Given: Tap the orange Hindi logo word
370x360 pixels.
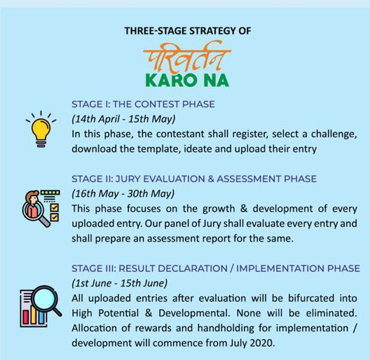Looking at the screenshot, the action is tap(187, 57).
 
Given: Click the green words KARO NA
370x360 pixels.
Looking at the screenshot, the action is tap(187, 81).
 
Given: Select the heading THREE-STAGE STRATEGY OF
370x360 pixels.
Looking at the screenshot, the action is tap(188, 31).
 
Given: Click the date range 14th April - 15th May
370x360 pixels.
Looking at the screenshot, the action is tap(123, 119).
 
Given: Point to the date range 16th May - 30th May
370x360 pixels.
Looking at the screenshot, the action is tap(123, 194).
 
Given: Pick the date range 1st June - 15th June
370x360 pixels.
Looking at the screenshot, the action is tap(119, 283).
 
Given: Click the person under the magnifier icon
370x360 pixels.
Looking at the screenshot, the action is tap(33, 205).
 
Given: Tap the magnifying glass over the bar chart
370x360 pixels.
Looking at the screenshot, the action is tap(46, 300).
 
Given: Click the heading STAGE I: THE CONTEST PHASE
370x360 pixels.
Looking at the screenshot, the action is tap(143, 104).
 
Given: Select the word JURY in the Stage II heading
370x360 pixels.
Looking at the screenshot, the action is tap(128, 179).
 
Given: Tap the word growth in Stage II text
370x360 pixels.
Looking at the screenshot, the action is tap(219, 209).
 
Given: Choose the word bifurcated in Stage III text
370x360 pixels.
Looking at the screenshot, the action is tap(311, 298).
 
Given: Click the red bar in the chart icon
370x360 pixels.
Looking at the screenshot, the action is tap(26, 317).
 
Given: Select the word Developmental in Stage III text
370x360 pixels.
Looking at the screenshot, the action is tap(194, 314).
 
